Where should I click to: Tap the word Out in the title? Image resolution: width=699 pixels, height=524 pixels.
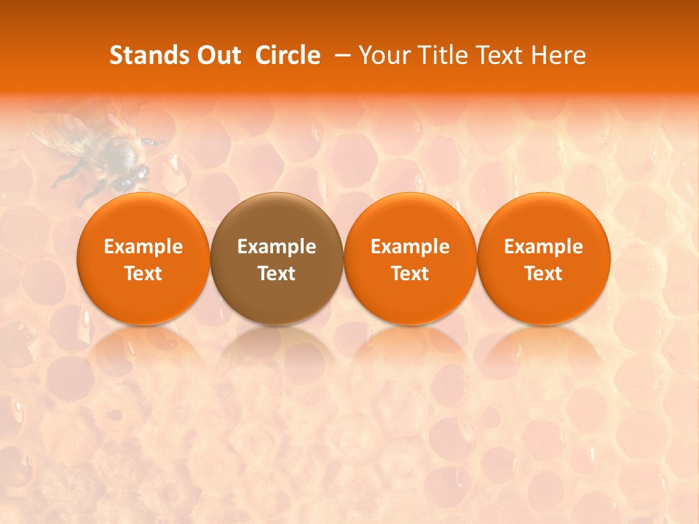217,55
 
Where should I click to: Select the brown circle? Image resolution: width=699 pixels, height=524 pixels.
277,258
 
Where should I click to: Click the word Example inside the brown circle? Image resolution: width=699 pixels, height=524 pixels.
277,247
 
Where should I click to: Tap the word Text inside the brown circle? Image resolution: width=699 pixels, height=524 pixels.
277,274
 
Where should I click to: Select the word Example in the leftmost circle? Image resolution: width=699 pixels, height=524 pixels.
143,247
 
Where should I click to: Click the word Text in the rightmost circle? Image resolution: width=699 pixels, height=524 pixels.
544,274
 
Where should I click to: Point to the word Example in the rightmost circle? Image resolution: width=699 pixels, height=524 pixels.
544,247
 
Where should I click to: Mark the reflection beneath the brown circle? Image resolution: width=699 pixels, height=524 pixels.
277,349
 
